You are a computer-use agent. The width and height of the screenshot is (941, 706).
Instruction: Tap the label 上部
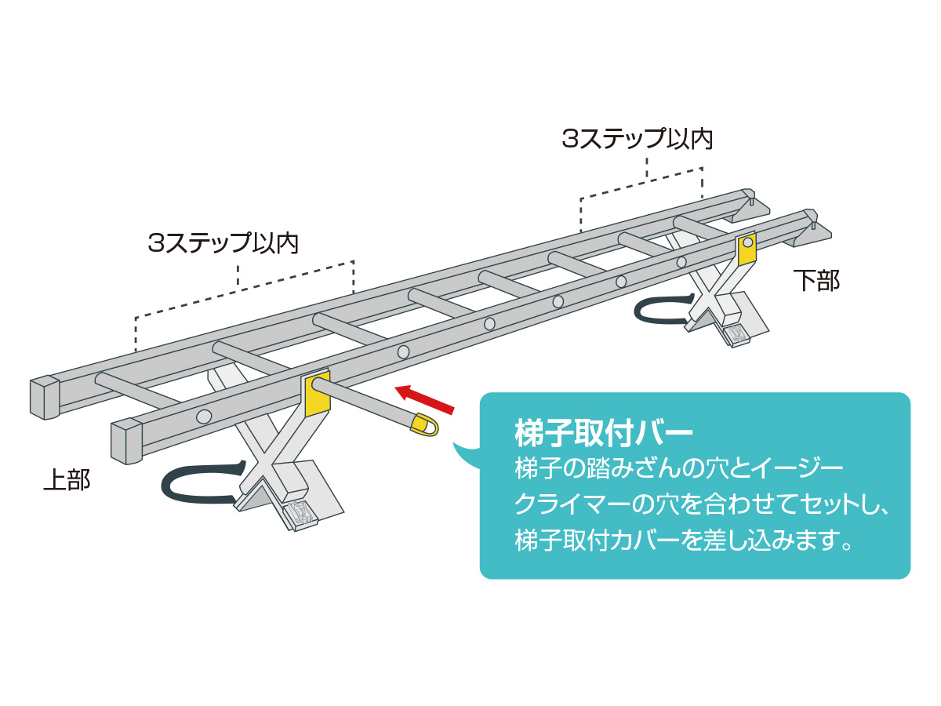point(67,479)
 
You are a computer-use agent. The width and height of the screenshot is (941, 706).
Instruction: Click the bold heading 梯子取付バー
point(603,433)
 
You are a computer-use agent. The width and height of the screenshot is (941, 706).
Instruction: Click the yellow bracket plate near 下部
point(746,248)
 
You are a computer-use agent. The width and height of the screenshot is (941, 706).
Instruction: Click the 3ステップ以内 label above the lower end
point(637,139)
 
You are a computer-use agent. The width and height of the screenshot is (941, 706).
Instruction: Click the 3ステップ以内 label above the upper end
point(223,242)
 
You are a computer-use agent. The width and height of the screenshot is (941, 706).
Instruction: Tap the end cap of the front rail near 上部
point(126,441)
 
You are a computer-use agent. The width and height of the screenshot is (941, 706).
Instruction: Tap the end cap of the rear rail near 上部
point(45,398)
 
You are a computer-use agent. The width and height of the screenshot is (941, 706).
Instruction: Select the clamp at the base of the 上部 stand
point(300,514)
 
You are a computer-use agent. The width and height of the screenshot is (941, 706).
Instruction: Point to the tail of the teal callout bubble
point(465,455)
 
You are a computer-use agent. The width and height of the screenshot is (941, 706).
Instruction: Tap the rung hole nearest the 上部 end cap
point(204,417)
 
